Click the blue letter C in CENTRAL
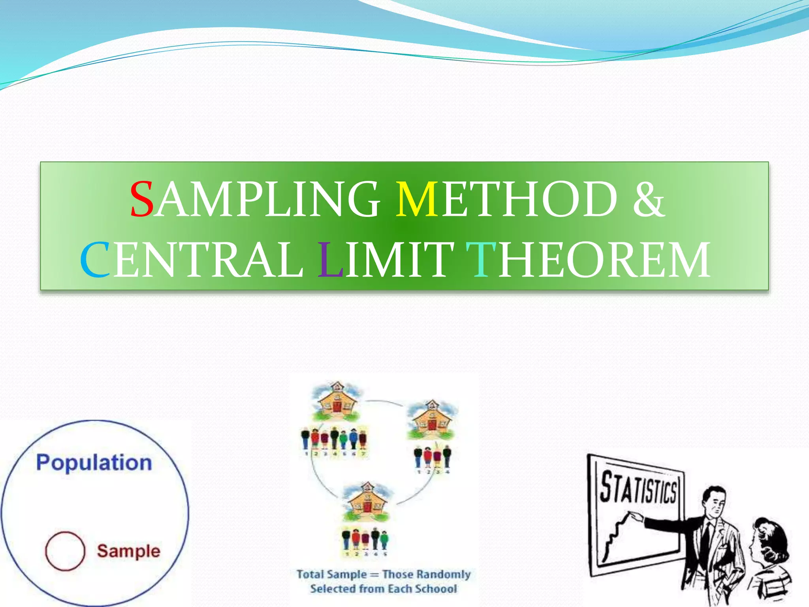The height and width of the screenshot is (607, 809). [95, 260]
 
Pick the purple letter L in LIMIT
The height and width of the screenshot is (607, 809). [330, 260]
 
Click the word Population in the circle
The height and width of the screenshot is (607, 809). [94, 462]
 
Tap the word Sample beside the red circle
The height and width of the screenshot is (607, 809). [129, 551]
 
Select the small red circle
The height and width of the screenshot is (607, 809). [65, 551]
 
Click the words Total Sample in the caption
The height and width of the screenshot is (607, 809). [332, 574]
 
